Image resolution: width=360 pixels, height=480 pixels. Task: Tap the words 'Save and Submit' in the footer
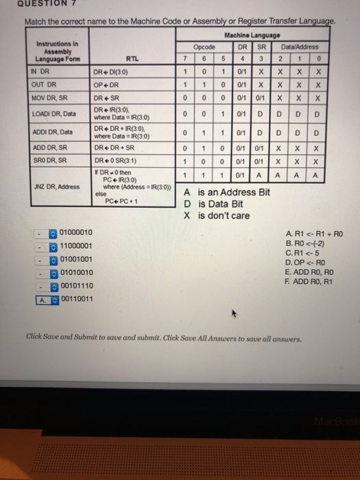68,338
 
